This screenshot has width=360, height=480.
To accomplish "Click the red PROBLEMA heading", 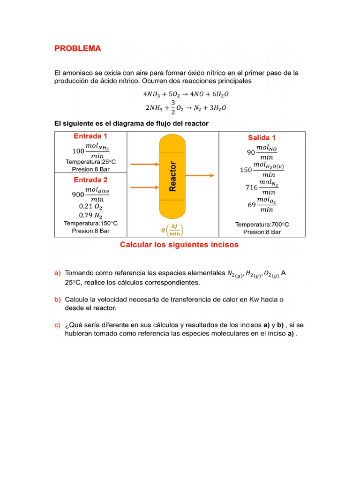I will click(x=77, y=48).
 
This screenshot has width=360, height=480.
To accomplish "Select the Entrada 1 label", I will click(x=90, y=136).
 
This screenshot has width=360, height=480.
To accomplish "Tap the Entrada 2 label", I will click(x=90, y=180).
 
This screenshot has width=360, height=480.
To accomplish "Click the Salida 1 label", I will click(x=262, y=137).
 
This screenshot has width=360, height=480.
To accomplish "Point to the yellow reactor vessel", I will click(x=172, y=176).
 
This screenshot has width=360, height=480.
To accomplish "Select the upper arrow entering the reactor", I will click(x=144, y=164).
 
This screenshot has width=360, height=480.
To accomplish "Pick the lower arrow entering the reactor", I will click(x=144, y=187).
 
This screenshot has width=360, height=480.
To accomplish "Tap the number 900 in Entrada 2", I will click(x=78, y=195).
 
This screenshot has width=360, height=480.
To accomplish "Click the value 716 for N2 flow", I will click(x=252, y=187).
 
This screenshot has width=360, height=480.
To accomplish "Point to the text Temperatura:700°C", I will click(x=262, y=225).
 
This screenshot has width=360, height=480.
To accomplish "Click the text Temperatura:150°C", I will click(x=90, y=223).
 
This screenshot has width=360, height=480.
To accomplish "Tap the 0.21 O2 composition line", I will click(x=90, y=206).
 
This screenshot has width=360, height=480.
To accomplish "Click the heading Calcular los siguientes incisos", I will click(x=180, y=245).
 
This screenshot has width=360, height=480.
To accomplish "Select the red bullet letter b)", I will click(x=58, y=299).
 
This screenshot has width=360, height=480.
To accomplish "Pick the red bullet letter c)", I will click(x=58, y=325).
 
